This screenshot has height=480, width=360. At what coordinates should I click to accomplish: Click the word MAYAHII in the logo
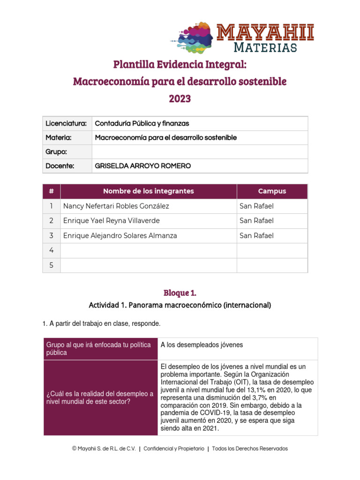(x=265, y=33)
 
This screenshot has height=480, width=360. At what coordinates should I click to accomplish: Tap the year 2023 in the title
(x=180, y=99)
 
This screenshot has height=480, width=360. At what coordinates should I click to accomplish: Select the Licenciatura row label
(x=66, y=124)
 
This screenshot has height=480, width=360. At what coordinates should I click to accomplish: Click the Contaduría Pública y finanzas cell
(x=142, y=124)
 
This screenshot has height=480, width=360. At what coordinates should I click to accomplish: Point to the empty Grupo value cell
(x=200, y=152)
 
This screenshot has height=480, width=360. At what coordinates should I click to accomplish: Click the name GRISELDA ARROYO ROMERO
(x=143, y=166)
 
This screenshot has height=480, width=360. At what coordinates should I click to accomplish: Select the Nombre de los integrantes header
(x=148, y=191)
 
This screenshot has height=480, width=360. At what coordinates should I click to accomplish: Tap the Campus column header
(x=272, y=191)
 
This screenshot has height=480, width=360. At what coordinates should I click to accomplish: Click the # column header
(x=51, y=191)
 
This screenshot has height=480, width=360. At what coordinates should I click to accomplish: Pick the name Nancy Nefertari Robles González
(x=116, y=206)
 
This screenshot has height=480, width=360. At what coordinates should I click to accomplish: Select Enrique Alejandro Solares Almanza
(x=120, y=236)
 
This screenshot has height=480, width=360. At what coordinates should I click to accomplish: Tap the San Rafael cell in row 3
(x=256, y=236)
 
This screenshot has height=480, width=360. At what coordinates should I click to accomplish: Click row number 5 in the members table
(x=51, y=265)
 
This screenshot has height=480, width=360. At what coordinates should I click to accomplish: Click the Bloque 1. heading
(x=180, y=293)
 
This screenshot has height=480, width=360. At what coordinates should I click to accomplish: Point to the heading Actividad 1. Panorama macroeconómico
(x=180, y=305)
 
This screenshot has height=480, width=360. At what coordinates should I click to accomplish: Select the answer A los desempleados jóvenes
(x=202, y=345)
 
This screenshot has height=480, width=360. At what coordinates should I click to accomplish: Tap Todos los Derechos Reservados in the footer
(x=250, y=449)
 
